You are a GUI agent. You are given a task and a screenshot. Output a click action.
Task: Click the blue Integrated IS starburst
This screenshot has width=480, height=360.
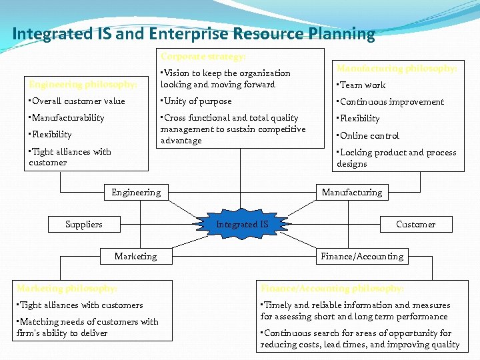coord(242,224)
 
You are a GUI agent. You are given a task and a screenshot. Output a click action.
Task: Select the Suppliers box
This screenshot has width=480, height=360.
coord(84,224)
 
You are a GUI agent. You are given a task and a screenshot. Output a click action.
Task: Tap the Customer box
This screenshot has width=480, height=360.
coord(415,224)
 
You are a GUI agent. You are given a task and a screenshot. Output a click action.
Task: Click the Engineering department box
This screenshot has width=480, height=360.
coord(136,192)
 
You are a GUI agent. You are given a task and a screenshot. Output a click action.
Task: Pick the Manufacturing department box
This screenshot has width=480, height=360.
coord(352,192)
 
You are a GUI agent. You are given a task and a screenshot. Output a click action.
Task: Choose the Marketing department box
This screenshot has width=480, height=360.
coord(136,256)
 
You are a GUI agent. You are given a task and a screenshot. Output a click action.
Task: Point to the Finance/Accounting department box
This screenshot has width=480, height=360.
coord(362,256)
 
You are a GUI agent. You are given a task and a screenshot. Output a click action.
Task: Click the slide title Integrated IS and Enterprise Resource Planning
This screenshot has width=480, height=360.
coord(193,33)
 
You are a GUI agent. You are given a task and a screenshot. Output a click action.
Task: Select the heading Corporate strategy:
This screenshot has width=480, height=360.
coord(203,57)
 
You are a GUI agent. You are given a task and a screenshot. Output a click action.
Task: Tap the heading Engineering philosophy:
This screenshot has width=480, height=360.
coord(83,85)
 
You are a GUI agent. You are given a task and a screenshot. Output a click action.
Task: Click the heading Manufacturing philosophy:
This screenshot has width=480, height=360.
coord(397,68)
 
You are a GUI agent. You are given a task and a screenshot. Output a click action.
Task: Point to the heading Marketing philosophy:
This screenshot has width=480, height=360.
coord(67,288)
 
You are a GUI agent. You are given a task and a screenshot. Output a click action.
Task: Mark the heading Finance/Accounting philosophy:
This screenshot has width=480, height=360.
coord(332,288)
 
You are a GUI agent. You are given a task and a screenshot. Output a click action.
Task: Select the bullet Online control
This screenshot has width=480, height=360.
coord(368,135)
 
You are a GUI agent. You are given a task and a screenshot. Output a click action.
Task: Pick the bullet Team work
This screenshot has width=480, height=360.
coord(361,85)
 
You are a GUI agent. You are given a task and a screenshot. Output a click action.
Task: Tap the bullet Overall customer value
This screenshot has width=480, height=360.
coord(77,101)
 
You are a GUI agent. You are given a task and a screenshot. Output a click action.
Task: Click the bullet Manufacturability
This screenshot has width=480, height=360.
coord(67,118)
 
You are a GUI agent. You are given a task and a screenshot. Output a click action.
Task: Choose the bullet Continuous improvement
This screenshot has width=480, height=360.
coord(391,102)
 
